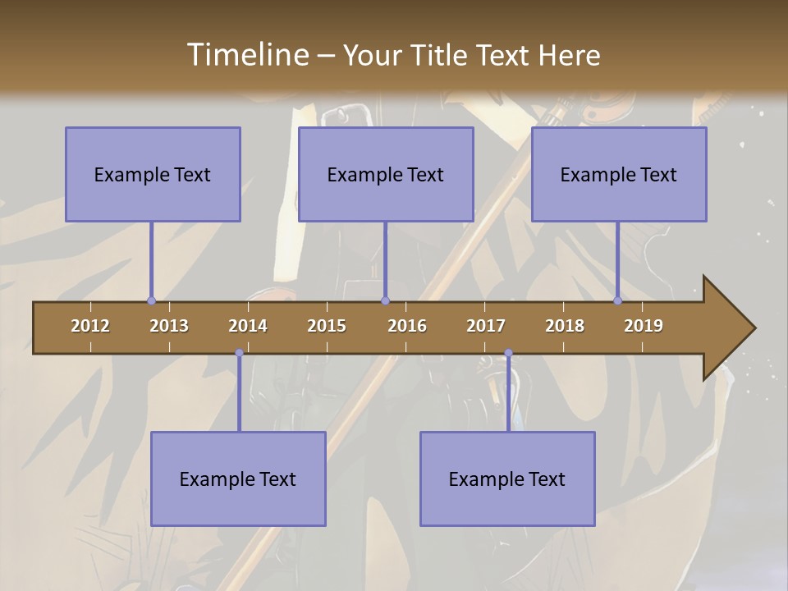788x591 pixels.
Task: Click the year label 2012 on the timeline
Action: coord(90,326)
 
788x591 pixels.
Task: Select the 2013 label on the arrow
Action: coord(169,326)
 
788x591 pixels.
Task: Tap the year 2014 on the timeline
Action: coord(248,326)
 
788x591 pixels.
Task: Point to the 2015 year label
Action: coord(327,326)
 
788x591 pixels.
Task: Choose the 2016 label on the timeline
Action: coord(407,326)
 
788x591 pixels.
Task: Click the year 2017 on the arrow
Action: coord(486,326)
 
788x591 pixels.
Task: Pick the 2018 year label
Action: coord(565,326)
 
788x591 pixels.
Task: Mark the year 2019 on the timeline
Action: coord(644,326)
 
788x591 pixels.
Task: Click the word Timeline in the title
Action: coord(247,55)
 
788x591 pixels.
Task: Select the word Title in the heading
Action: coord(442,55)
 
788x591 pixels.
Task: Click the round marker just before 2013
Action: coord(151,301)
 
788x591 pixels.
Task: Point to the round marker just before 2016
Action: coord(385,301)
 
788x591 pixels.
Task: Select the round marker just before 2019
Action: coord(618,301)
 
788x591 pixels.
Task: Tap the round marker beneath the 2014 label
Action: coord(239,353)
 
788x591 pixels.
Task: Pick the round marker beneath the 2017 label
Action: coord(508,353)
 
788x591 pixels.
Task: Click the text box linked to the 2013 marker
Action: coord(153,174)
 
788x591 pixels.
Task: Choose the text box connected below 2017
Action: coord(507,479)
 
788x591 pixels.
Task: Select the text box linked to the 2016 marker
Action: coord(386,174)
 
